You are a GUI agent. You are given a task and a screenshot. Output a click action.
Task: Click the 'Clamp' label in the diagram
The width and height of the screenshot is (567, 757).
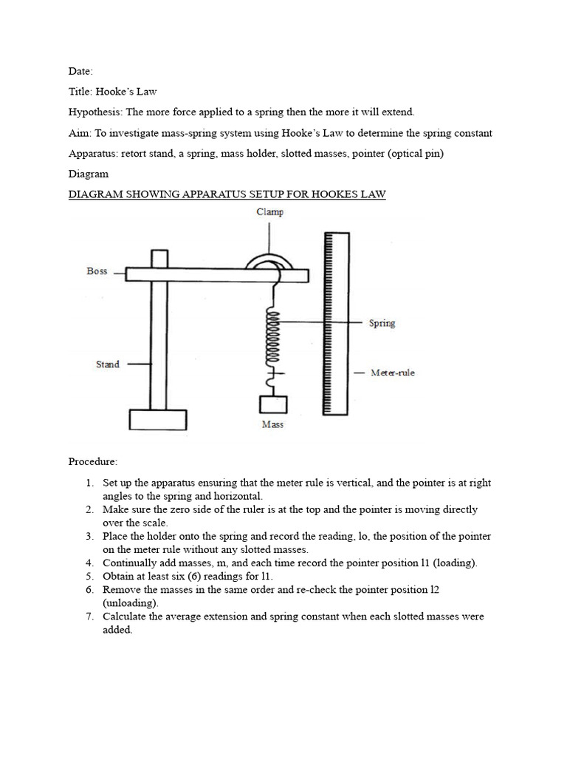point(270,211)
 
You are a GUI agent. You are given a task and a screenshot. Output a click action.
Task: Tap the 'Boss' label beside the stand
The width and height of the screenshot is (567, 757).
point(97,271)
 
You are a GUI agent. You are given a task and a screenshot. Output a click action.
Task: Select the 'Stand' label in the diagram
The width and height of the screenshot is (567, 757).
point(107,364)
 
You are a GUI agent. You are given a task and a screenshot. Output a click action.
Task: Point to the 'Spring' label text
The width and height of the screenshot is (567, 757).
point(382,323)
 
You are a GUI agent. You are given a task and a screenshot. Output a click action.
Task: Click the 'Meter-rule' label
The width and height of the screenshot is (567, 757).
point(392,373)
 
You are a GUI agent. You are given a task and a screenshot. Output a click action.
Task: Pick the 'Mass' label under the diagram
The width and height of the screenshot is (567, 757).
point(272,424)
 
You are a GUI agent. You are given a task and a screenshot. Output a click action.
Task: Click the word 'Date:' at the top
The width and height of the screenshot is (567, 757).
point(80,71)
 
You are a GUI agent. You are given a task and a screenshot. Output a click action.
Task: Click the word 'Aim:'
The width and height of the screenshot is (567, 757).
point(80,133)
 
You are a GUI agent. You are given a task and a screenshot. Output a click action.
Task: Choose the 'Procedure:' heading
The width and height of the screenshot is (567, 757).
point(93,462)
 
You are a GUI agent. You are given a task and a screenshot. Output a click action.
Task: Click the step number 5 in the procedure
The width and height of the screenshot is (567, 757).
point(88,576)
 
